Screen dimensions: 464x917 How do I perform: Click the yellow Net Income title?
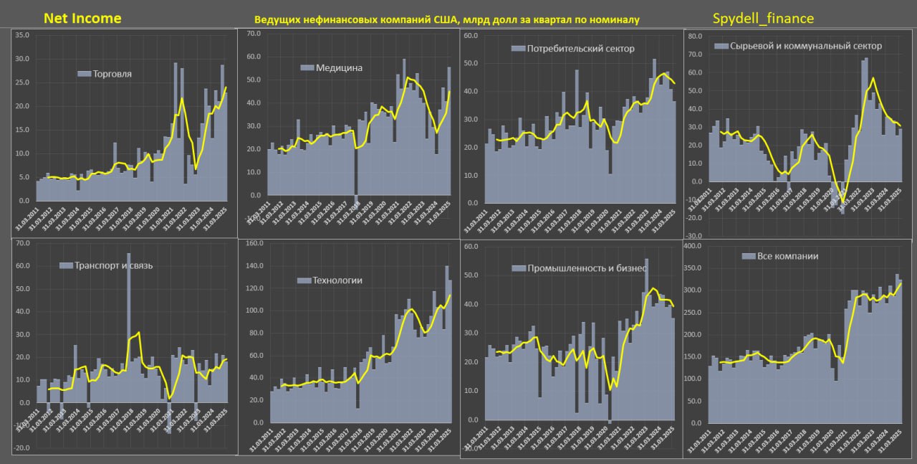[x=82, y=18]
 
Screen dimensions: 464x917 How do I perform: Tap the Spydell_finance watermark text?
[x=763, y=19]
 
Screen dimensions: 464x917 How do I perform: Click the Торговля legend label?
[x=117, y=73]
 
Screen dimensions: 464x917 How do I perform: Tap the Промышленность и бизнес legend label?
[x=587, y=267]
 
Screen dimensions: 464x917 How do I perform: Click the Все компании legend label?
[x=787, y=256]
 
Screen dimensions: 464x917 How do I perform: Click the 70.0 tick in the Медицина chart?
[x=253, y=34]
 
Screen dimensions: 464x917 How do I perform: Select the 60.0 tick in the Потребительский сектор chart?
[x=471, y=35]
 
